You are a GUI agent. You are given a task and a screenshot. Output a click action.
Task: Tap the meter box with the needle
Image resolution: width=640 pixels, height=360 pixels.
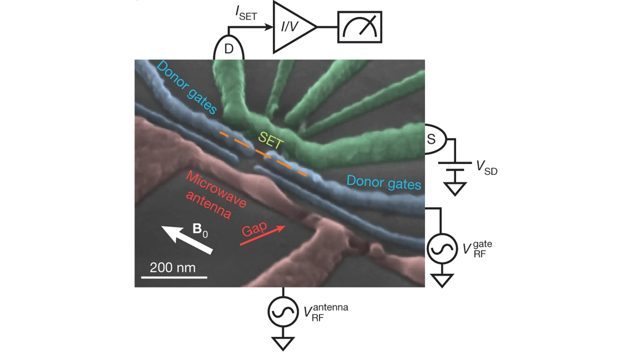(x=360, y=27)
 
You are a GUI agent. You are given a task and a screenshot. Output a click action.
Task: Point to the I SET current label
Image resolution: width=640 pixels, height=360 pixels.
(x=246, y=14)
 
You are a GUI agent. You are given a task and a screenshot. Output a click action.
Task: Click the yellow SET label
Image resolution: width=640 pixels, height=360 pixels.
(x=270, y=140)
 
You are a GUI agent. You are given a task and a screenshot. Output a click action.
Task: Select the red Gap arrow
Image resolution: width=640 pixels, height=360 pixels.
(x=262, y=235)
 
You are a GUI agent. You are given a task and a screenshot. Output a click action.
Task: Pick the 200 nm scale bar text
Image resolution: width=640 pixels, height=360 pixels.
(x=172, y=267)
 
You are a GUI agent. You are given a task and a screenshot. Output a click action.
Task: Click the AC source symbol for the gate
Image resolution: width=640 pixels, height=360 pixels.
(x=441, y=249)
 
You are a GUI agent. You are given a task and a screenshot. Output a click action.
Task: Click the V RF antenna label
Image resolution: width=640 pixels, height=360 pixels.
(x=325, y=311)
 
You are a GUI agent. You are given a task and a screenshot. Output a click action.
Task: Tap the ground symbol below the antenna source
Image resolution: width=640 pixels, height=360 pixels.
(x=283, y=343)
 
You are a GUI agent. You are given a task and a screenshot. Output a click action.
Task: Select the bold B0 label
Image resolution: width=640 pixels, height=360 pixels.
(x=199, y=230)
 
